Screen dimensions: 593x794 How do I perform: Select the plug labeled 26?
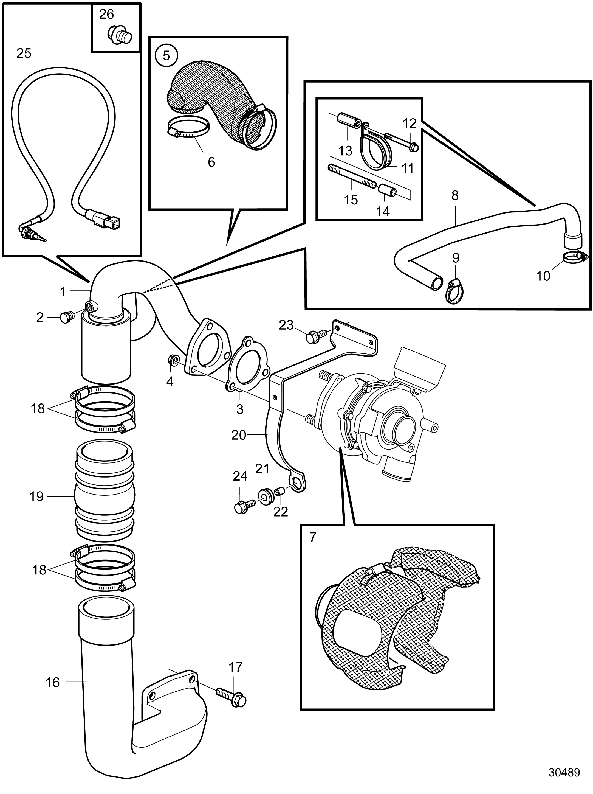(x=120, y=35)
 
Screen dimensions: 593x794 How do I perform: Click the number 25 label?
(x=24, y=53)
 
